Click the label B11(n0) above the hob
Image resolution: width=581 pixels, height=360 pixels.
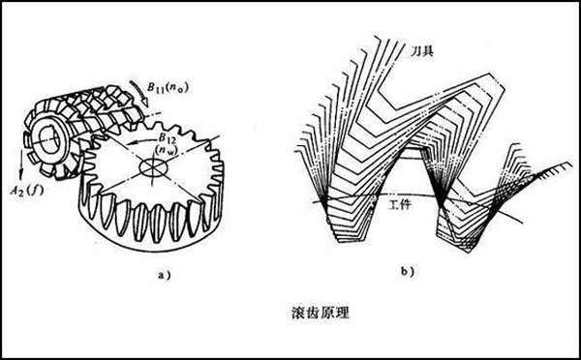pyautogui.click(x=168, y=94)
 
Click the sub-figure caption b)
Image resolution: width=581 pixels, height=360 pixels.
pyautogui.click(x=413, y=275)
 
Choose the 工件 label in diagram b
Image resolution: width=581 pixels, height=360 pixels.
pyautogui.click(x=393, y=206)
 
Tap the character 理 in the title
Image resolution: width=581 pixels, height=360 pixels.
pyautogui.click(x=313, y=315)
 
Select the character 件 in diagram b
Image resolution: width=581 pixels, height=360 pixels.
pyautogui.click(x=400, y=206)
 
